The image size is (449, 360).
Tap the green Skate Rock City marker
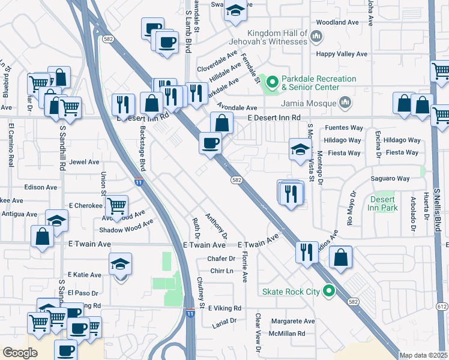[x=328, y=292]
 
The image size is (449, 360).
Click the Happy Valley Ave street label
[x=342, y=54]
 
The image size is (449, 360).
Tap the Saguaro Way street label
[x=390, y=179]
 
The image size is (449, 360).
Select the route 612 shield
[x=442, y=307]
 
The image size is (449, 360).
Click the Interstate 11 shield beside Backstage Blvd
[x=138, y=181]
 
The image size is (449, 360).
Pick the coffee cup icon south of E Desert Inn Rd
[x=210, y=143]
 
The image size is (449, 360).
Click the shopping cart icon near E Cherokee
[x=116, y=205]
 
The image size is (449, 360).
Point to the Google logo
[x=20, y=353]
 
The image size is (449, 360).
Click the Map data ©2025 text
[x=423, y=355]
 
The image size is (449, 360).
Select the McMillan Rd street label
[x=288, y=334]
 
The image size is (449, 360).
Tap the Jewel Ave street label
[x=84, y=162]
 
